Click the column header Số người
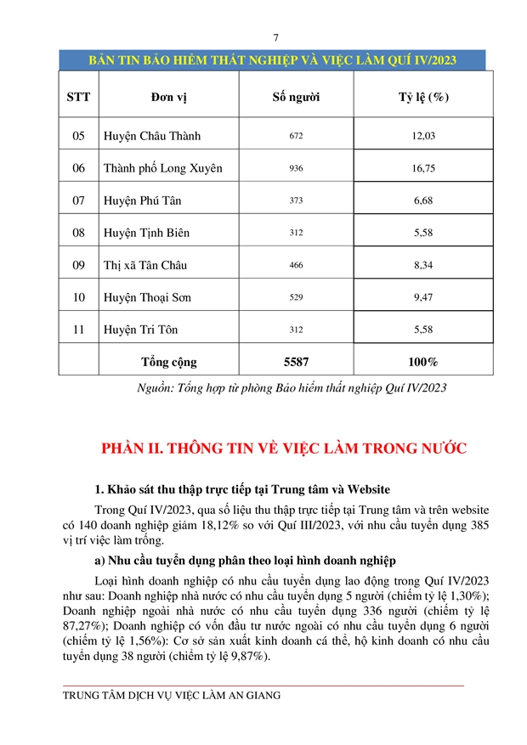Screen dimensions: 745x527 (295, 97)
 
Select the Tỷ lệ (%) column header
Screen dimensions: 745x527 (423, 97)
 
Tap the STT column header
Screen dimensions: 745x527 (78, 97)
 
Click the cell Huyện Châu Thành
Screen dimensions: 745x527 (152, 136)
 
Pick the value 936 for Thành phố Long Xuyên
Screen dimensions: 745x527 (295, 168)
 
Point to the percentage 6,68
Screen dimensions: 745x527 (423, 200)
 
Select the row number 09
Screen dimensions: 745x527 (78, 265)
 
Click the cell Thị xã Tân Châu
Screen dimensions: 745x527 (145, 265)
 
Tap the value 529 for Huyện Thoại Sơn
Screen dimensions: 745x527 (295, 297)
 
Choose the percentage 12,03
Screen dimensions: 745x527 (423, 136)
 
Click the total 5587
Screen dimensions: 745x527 (295, 362)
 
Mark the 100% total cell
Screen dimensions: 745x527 (423, 362)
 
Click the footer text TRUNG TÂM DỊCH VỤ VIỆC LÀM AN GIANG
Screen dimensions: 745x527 (172, 695)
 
